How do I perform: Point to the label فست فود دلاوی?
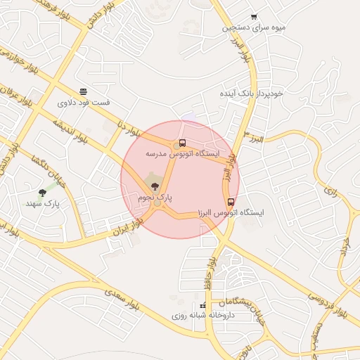coord(84,103)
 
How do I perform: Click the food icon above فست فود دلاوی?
coord(84,91)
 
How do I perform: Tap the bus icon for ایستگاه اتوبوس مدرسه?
coord(183,143)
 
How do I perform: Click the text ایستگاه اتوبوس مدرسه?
coord(183,153)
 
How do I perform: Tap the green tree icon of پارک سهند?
coord(44,192)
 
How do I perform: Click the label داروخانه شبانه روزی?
coord(203,316)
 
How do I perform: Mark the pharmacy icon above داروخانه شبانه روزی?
coord(203,306)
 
